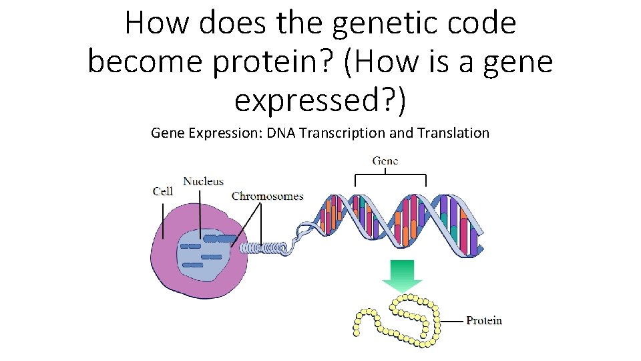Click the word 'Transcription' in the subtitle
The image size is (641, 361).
(342, 133)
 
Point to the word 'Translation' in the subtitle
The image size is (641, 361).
(453, 133)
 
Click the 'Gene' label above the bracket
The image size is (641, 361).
(385, 161)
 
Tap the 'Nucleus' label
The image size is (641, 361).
(203, 181)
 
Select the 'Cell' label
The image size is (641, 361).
(163, 191)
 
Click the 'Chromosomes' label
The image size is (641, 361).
(267, 196)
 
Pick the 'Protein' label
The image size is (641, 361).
(483, 320)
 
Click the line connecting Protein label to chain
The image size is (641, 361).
(453, 321)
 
